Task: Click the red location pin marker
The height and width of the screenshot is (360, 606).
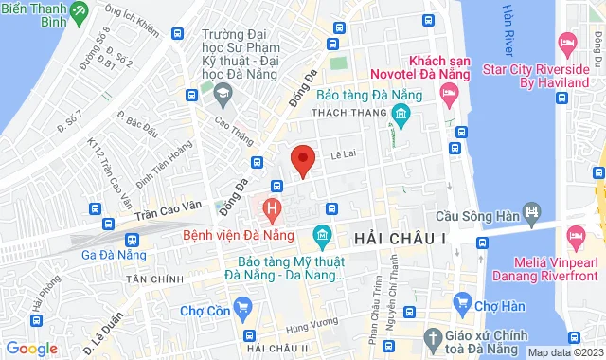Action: click(x=302, y=159)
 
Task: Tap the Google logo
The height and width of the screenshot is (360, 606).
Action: click(x=31, y=349)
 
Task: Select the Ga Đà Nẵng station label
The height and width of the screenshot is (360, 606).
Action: click(x=114, y=255)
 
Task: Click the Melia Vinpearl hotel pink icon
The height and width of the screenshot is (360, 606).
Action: click(x=575, y=233)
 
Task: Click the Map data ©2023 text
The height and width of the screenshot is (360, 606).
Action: click(x=564, y=352)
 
